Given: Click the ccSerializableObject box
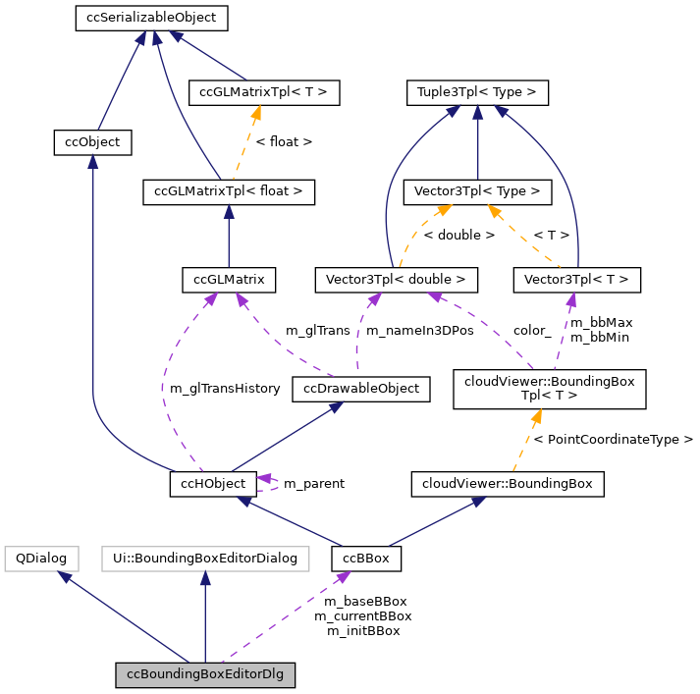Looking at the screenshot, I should (152, 18).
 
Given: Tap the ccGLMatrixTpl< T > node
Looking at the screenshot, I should (263, 93).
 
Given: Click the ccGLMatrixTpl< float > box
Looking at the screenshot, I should (228, 191).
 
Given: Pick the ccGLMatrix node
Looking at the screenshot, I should (229, 280).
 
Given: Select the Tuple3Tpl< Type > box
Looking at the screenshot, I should (477, 93).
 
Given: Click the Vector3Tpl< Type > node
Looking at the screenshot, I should (477, 191).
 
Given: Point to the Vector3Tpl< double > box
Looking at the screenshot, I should (396, 280).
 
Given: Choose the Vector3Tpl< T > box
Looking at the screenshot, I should (576, 280).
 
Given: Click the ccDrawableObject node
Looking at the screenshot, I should (361, 389).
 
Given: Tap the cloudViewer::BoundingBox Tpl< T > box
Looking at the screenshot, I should (548, 389).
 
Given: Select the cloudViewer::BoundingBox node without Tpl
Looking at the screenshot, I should (508, 483).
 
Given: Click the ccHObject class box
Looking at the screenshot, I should (213, 483).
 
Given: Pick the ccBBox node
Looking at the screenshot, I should (366, 559).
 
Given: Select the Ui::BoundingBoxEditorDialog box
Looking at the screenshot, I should (204, 559).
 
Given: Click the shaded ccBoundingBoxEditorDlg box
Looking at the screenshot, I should (205, 675).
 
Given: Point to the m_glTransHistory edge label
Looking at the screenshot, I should (225, 389).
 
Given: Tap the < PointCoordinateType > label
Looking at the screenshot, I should (613, 439).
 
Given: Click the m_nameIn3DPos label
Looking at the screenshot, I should (419, 331).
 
